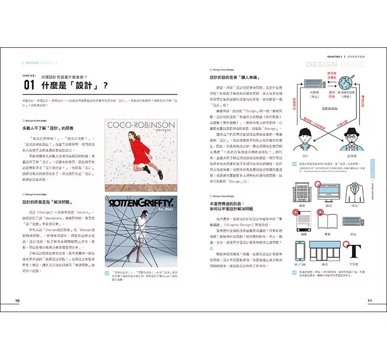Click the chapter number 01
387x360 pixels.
[29, 85]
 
